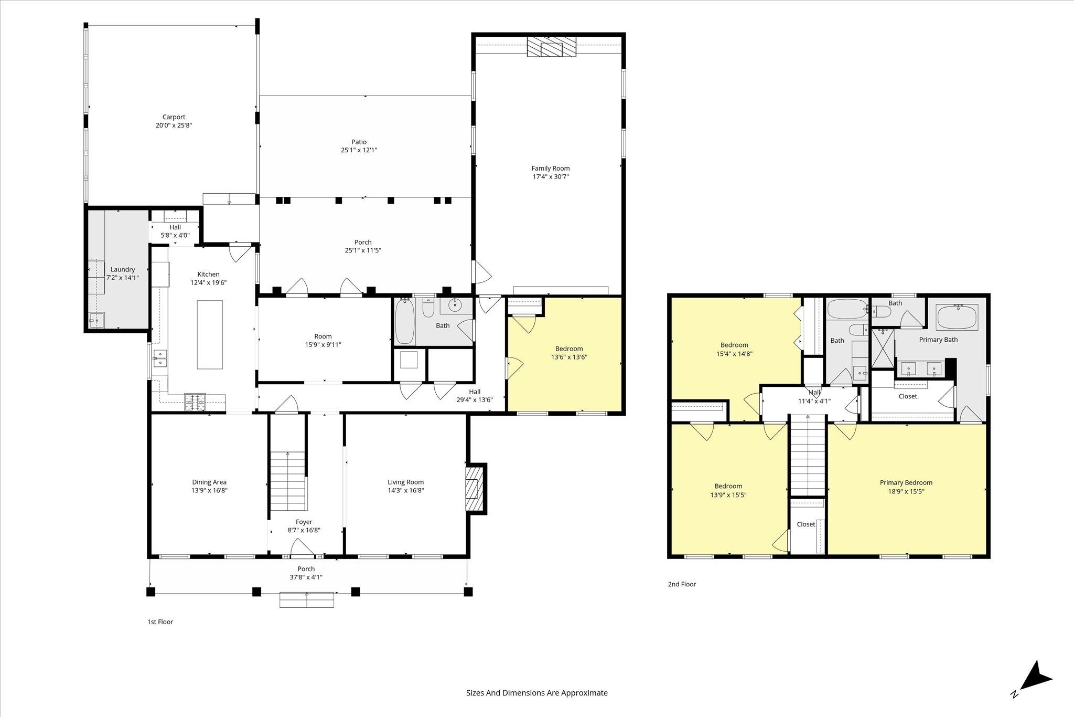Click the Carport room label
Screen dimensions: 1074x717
coord(174,117)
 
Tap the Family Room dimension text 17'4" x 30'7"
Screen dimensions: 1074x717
coord(551,177)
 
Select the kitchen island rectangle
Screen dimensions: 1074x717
coord(210,334)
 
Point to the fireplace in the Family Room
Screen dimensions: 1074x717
coord(551,47)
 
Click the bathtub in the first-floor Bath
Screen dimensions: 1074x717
coord(405,321)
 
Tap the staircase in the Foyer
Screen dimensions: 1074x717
coord(287,481)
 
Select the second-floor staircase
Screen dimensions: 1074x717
coord(808,455)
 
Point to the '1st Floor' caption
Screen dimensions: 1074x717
coord(160,622)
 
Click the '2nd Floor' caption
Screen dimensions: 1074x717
coord(682,584)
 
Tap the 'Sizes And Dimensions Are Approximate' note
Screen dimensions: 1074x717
coord(537,693)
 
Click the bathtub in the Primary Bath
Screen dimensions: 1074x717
coord(957,317)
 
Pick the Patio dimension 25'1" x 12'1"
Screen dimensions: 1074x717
coord(359,150)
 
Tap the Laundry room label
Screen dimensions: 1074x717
coord(123,269)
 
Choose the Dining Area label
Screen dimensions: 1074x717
coord(209,482)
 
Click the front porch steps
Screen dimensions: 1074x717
coord(307,599)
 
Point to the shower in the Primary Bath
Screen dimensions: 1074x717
coord(883,348)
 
